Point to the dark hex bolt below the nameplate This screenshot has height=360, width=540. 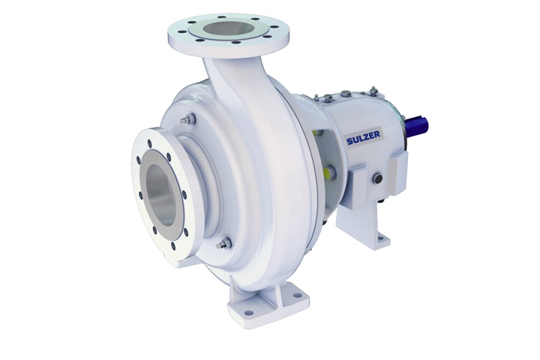point(377,178)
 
